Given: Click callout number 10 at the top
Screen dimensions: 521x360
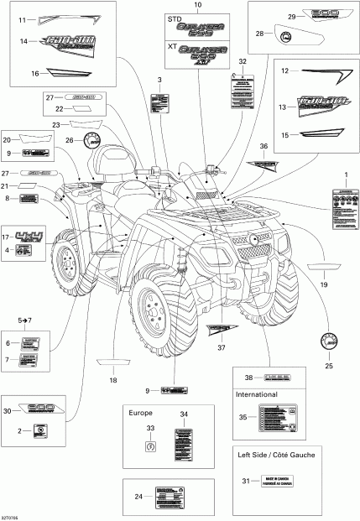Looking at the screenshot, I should (x=198, y=6).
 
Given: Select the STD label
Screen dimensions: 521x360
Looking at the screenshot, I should (x=175, y=18).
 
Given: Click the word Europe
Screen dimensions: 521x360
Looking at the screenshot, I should (x=139, y=413).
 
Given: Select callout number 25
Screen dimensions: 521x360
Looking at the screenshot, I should (x=329, y=367).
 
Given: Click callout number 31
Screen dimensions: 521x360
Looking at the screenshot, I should (x=246, y=480).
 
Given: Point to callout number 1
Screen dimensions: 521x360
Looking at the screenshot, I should (x=342, y=173).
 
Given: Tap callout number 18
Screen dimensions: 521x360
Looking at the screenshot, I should (x=112, y=380).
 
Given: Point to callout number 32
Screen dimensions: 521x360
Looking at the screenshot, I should (x=242, y=62).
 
